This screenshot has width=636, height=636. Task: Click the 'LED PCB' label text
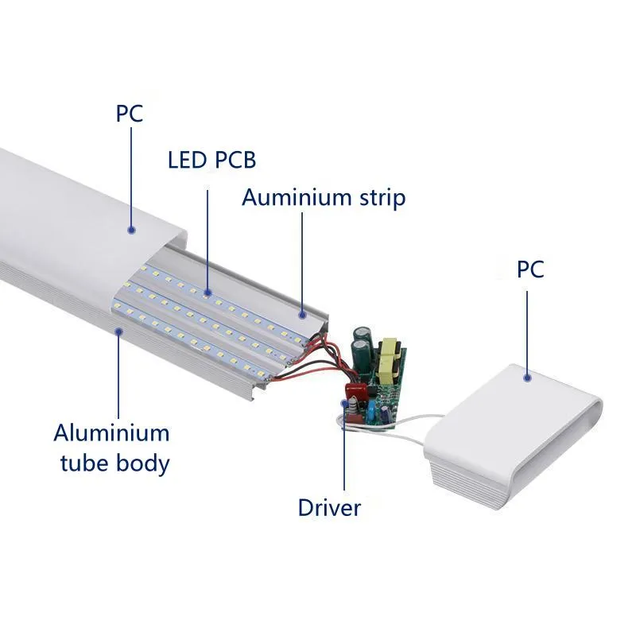[211, 160]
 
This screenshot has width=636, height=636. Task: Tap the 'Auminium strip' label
[324, 197]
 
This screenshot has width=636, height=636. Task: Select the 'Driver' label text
[329, 507]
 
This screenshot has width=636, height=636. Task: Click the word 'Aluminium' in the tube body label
[111, 433]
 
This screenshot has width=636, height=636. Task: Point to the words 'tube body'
[114, 463]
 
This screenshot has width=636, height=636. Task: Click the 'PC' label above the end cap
[530, 269]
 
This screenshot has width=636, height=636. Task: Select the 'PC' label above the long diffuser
[130, 113]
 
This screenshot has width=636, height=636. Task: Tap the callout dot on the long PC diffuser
[131, 230]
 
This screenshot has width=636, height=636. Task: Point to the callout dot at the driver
[344, 404]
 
